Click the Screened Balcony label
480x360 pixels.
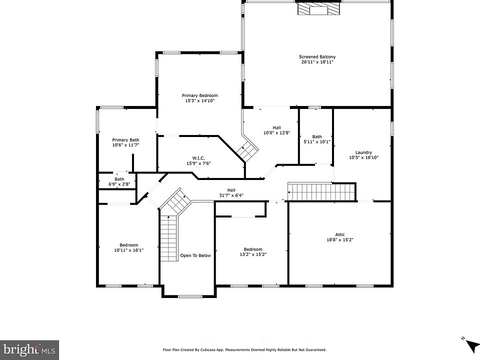317,56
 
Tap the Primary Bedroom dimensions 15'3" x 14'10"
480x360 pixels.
199,100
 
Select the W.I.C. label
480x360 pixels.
198,158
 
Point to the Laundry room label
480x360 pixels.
363,152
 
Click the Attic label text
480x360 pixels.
340,235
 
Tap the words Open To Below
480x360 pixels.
195,255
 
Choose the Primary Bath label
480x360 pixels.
125,140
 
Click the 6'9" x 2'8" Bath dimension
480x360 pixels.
119,184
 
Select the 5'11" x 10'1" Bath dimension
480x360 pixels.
317,141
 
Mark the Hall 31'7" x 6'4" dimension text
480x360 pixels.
231,195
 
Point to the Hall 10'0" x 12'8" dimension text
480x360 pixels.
276,133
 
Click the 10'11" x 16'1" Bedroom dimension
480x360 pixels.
129,250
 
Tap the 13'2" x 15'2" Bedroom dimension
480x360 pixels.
253,254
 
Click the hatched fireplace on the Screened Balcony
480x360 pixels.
318,9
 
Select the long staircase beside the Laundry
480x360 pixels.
321,192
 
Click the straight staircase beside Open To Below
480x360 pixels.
169,238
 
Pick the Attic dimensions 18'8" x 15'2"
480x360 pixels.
340,240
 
